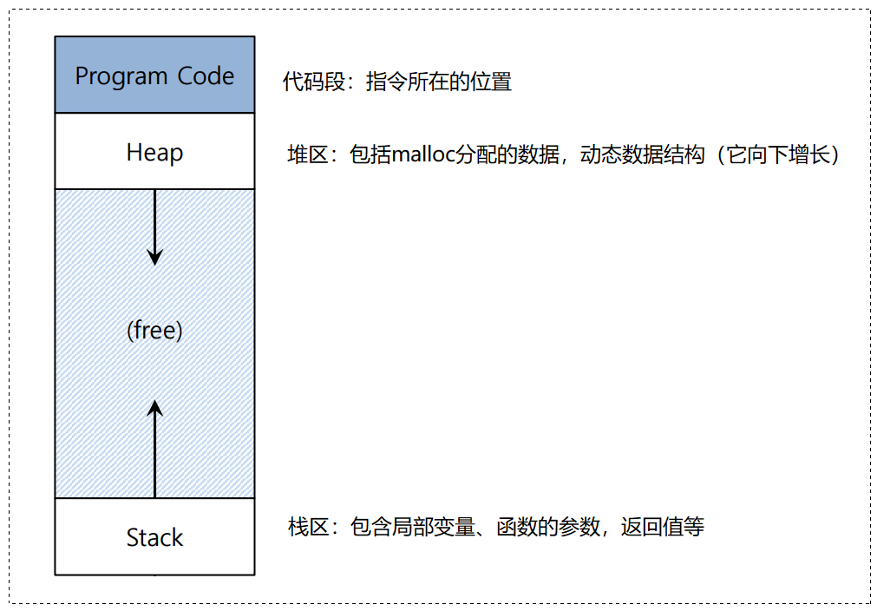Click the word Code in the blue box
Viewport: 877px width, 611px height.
coord(206,76)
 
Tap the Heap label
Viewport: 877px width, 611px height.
coord(154,153)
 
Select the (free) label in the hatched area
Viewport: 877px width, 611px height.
coord(154,331)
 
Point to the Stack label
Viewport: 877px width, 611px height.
coord(154,537)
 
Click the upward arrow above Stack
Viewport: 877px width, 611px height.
coord(154,451)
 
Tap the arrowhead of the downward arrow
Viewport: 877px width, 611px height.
coord(154,257)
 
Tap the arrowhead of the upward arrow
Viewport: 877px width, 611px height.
coord(154,408)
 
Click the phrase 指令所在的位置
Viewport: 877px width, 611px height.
coord(439,82)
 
